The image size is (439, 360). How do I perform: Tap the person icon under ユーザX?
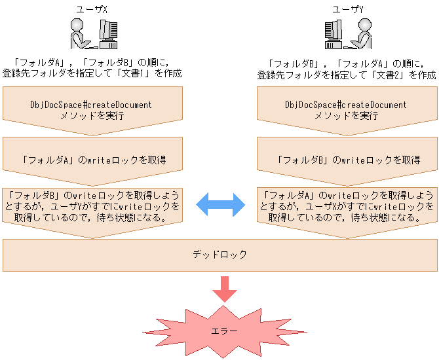pos(81,33)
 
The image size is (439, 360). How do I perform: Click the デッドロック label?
pos(220,255)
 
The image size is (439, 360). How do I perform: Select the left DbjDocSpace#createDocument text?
pos(91,105)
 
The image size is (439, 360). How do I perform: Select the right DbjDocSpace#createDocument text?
pos(346,105)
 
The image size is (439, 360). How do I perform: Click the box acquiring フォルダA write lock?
pos(91,159)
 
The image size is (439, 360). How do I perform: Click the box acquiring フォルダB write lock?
pos(346,159)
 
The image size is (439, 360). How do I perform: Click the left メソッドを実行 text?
pos(91,115)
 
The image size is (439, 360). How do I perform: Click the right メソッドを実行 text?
pos(346,115)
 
